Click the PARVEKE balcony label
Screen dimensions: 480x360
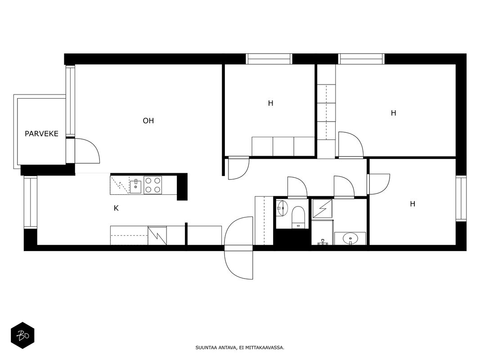[41, 134]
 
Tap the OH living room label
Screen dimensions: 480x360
[148, 121]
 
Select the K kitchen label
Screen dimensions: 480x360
[116, 208]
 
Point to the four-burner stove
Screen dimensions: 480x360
[153, 185]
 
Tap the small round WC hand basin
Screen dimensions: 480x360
[282, 208]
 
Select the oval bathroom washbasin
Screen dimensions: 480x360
[350, 238]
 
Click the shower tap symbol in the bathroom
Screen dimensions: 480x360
[323, 243]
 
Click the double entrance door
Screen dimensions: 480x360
[239, 247]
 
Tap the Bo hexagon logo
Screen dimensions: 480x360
[22, 336]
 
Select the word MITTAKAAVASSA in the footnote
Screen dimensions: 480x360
[267, 348]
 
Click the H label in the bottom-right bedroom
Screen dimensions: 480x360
[413, 204]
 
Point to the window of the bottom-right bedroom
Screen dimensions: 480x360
[461, 198]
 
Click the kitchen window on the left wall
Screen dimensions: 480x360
[30, 202]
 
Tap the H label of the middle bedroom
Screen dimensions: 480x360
[270, 103]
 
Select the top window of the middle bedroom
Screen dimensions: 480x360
[269, 59]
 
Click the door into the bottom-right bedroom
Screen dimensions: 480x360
[378, 184]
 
